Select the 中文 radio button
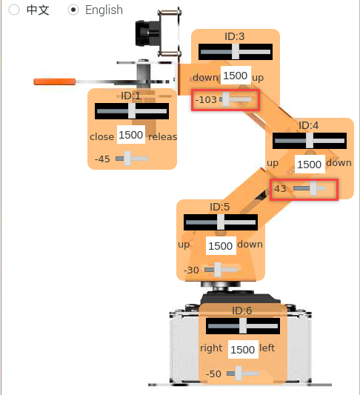click(14, 10)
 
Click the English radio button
click(73, 10)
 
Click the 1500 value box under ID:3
click(236, 76)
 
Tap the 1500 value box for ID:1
click(131, 135)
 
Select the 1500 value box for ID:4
click(310, 165)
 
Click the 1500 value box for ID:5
click(221, 245)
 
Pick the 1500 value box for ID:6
click(243, 349)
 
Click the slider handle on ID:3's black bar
click(236, 52)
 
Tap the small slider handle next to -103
click(226, 99)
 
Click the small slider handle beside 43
click(313, 188)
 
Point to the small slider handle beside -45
click(127, 159)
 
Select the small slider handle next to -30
click(218, 270)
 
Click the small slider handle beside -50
click(239, 374)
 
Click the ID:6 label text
click(241, 311)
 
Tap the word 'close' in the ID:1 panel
click(101, 137)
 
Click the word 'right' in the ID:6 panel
click(211, 348)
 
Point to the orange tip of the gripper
click(55, 82)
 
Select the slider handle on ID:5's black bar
click(221, 222)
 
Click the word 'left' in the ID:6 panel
click(267, 348)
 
